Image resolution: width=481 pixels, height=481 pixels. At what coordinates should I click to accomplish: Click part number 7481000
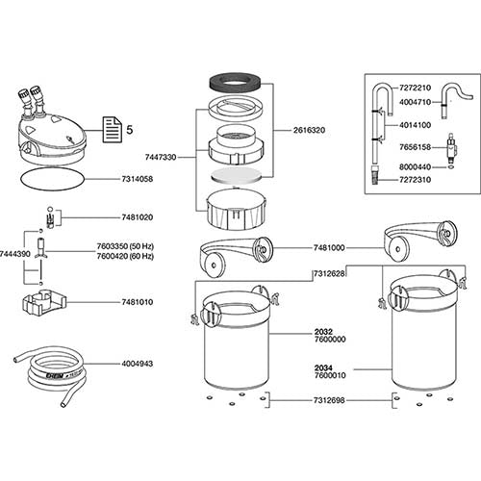coord(329,248)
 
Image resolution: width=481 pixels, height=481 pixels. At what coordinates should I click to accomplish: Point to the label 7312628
coord(329,274)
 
